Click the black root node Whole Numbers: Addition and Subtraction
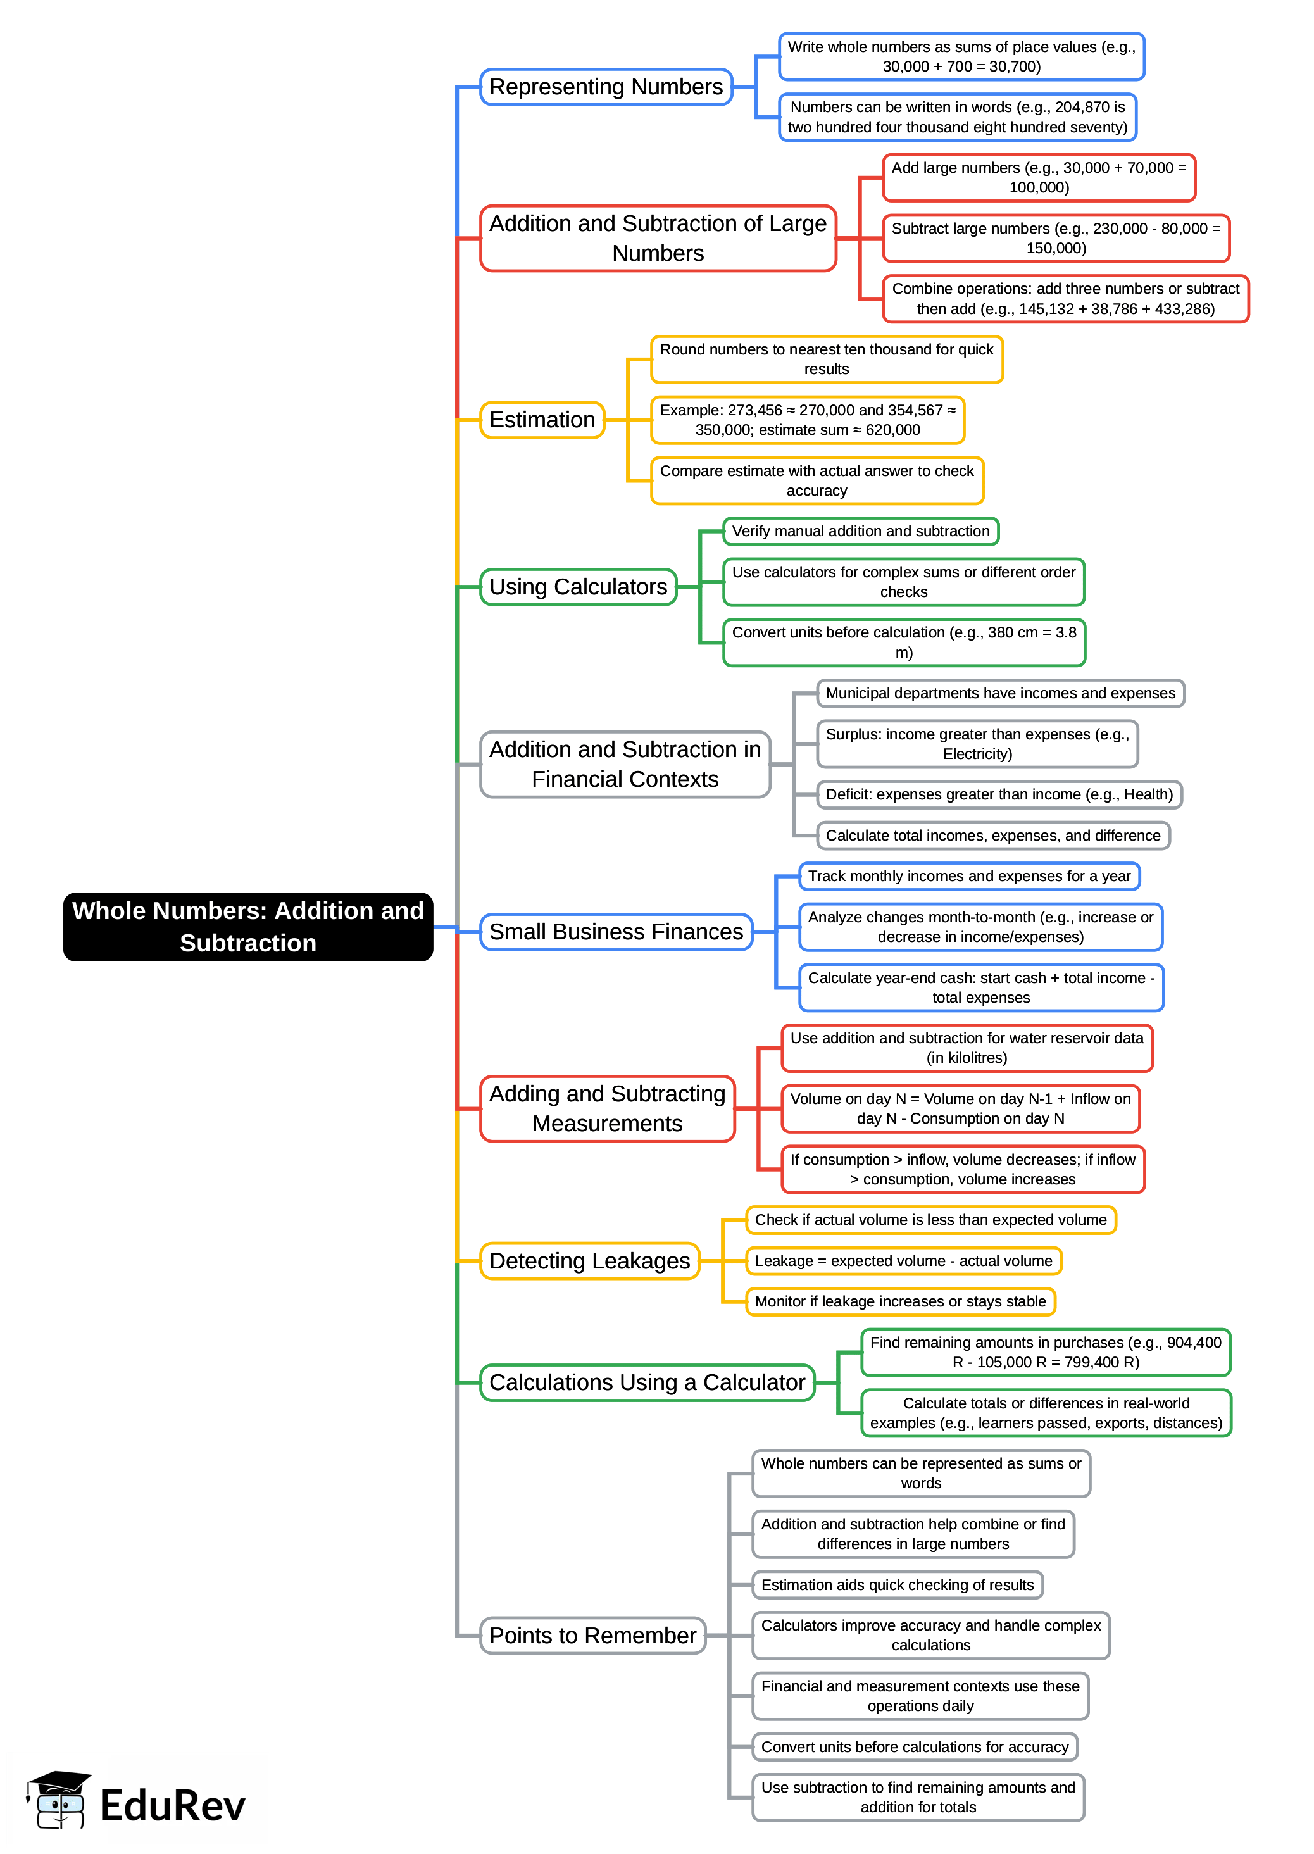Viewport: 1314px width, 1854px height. [x=247, y=927]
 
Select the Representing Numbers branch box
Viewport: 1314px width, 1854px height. [x=605, y=87]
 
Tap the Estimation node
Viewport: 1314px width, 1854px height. [x=541, y=420]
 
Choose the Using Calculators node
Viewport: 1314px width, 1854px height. [x=578, y=587]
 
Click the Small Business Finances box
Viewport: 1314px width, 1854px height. [x=616, y=932]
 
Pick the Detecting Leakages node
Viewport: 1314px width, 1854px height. [x=589, y=1261]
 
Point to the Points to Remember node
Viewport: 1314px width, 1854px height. [x=592, y=1636]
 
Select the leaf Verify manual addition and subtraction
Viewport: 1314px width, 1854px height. [x=860, y=532]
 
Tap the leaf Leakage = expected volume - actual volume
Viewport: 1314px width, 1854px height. [x=903, y=1261]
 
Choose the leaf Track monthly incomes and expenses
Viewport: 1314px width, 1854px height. [x=968, y=877]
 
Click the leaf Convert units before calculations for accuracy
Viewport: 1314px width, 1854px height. [x=915, y=1746]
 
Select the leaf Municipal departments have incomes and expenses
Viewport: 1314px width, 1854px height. [x=1000, y=694]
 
